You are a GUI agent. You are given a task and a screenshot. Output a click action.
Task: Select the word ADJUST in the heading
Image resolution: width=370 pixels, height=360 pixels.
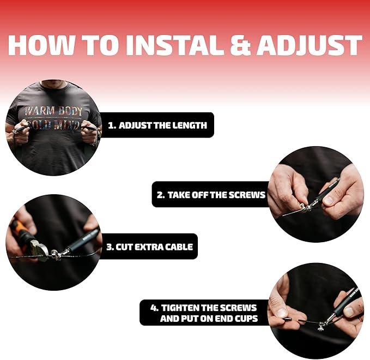click(x=310, y=45)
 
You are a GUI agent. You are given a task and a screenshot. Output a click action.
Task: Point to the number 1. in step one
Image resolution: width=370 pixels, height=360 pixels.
click(x=112, y=125)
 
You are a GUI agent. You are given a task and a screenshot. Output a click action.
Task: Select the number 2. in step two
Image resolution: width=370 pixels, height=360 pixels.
click(x=161, y=195)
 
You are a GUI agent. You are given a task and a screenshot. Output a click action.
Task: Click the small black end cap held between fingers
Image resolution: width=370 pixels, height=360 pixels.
click(x=287, y=319)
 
